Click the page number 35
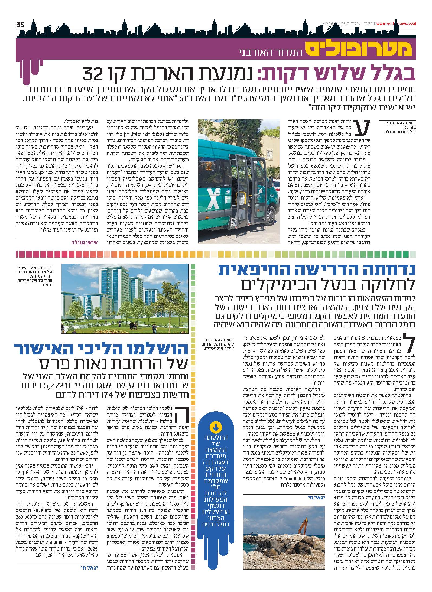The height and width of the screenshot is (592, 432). [x=20, y=25]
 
